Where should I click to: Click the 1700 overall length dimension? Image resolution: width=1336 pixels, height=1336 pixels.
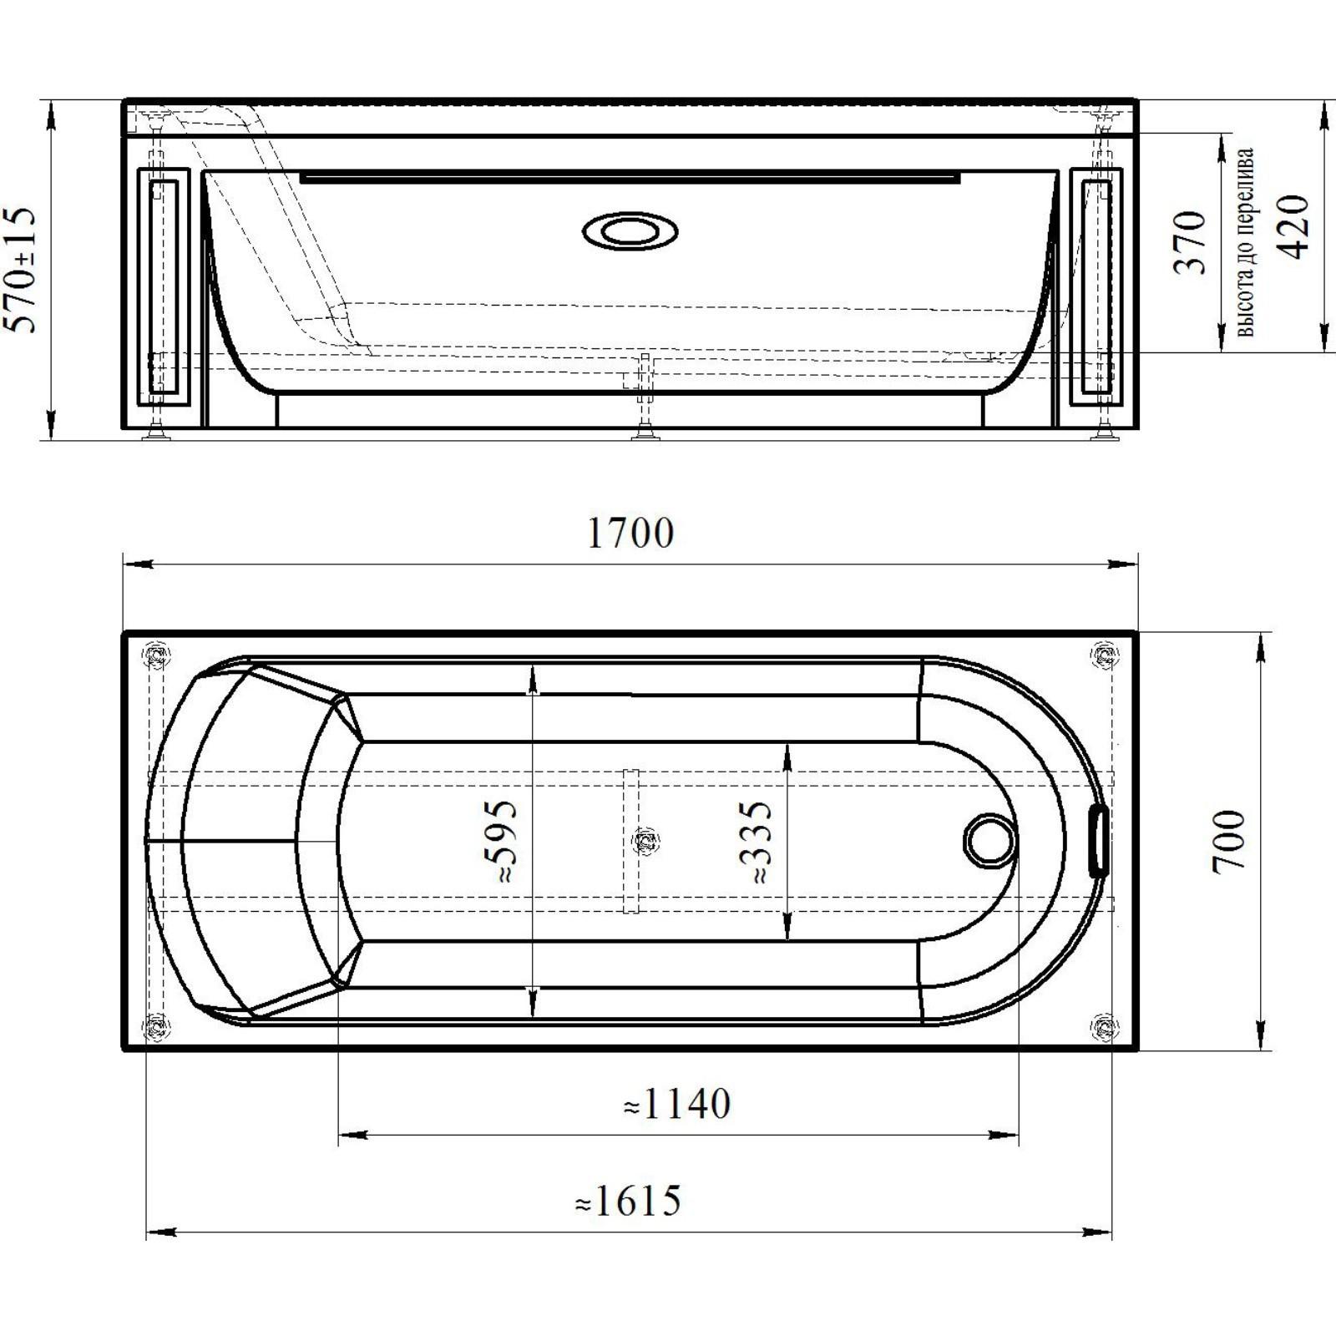pyautogui.click(x=630, y=533)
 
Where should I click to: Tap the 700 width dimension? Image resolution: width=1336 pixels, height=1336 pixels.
pyautogui.click(x=1228, y=841)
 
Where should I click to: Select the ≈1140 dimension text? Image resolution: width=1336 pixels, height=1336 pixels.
pyautogui.click(x=677, y=1104)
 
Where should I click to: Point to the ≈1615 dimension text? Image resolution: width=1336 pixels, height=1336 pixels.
pyautogui.click(x=628, y=1201)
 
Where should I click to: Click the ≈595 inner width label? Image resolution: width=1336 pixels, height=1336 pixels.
pyautogui.click(x=501, y=841)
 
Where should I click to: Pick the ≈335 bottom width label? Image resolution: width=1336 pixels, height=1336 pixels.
pyautogui.click(x=756, y=841)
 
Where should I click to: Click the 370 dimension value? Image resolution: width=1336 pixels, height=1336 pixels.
pyautogui.click(x=1190, y=242)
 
